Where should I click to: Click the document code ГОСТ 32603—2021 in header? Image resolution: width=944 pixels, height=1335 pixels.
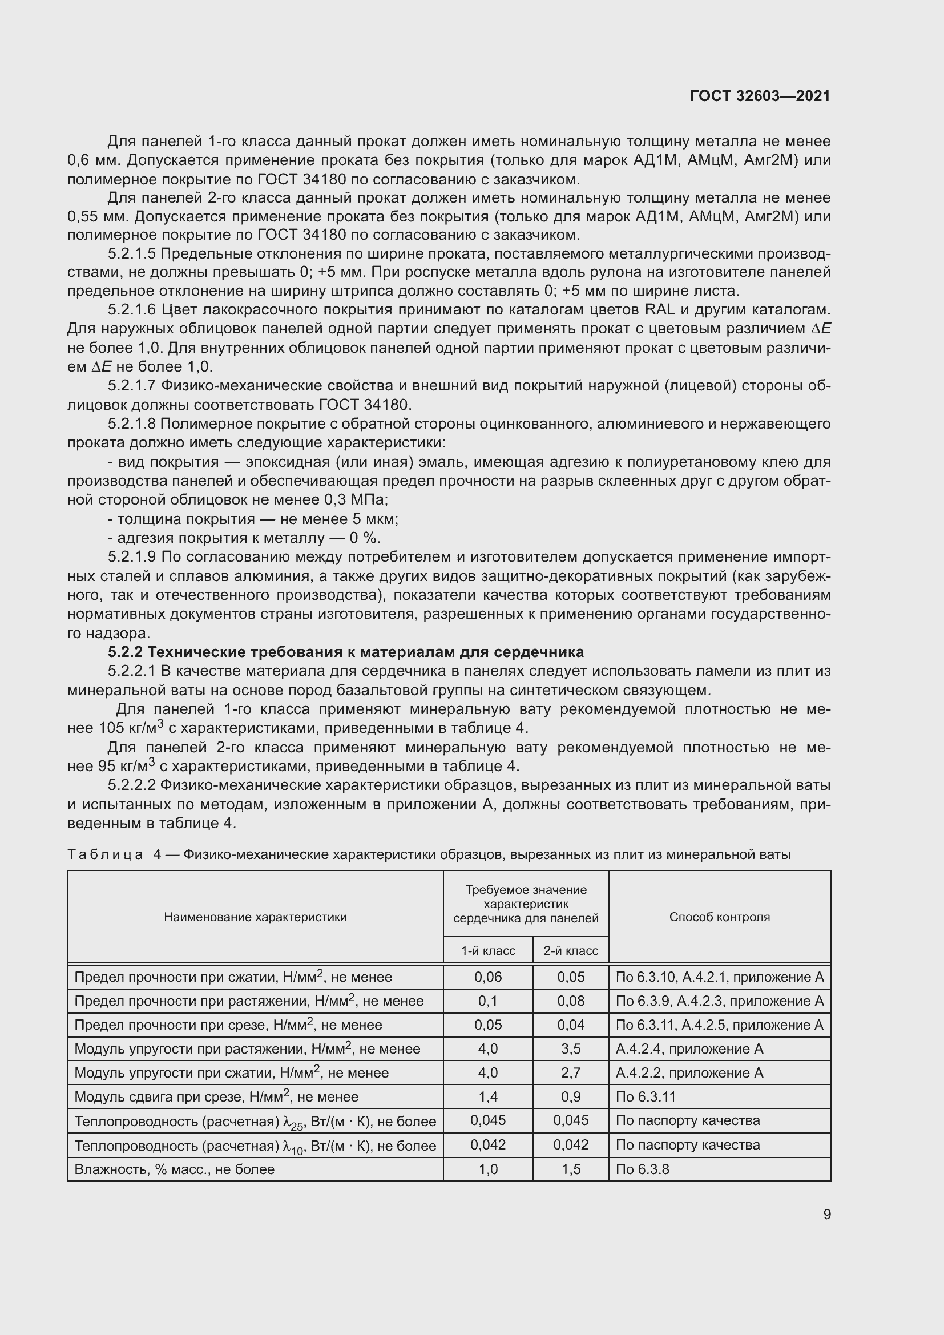pos(760,96)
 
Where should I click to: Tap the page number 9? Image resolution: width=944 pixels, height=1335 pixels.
pos(826,1214)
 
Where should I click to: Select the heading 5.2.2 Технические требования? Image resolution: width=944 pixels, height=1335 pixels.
pos(346,652)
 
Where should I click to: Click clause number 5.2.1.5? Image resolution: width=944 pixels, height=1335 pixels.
pos(132,254)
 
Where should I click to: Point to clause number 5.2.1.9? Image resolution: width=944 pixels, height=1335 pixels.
pos(132,557)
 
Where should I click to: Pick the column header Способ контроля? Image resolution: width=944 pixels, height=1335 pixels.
pos(719,917)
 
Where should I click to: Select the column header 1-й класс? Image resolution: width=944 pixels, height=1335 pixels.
pos(489,951)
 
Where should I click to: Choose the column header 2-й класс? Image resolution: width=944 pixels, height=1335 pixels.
pos(571,951)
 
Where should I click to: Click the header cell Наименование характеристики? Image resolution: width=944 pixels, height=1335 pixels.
pos(255,917)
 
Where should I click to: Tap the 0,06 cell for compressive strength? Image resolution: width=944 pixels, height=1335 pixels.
pos(489,977)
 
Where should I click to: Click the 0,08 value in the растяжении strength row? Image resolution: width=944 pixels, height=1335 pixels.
pos(571,1001)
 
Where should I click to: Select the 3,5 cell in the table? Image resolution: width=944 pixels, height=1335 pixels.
pos(571,1049)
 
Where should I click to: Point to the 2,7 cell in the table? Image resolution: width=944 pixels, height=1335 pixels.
pos(571,1073)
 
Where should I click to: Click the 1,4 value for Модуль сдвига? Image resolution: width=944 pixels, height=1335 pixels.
pos(489,1096)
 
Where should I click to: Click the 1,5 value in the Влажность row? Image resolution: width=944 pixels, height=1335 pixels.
pos(571,1169)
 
